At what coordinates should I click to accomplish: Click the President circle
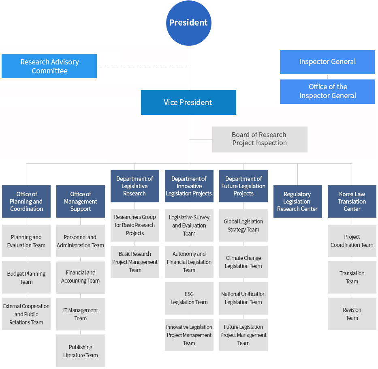(x=188, y=23)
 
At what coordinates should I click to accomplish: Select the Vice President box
(x=188, y=102)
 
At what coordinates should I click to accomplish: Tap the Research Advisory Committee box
(x=49, y=66)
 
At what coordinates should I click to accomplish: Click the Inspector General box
(x=327, y=62)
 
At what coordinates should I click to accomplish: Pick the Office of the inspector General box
(x=327, y=92)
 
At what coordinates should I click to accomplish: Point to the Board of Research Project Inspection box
(x=260, y=139)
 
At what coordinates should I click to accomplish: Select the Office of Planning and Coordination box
(x=26, y=201)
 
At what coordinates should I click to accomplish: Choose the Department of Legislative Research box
(x=135, y=186)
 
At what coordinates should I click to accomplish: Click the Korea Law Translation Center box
(x=352, y=201)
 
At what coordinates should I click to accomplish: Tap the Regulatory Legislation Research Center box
(x=298, y=201)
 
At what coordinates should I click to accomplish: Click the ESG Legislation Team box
(x=189, y=298)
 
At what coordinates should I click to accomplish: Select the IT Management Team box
(x=81, y=314)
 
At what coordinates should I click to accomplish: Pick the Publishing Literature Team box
(x=81, y=351)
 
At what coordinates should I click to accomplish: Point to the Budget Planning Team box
(x=26, y=277)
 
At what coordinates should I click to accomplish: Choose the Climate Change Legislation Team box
(x=243, y=262)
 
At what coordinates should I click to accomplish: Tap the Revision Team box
(x=352, y=314)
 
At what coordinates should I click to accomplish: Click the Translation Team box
(x=352, y=277)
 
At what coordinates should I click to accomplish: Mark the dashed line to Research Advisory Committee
(x=143, y=66)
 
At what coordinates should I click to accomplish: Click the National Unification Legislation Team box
(x=243, y=298)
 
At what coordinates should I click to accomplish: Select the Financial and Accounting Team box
(x=81, y=277)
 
